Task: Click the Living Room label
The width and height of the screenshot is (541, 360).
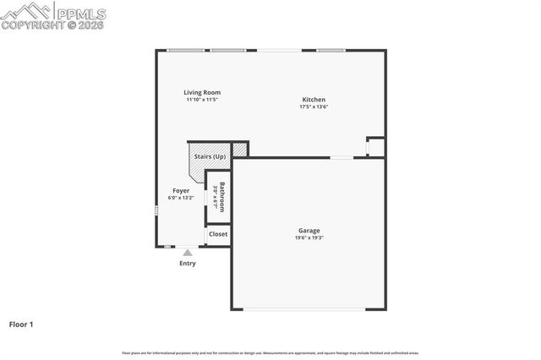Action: pyautogui.click(x=203, y=92)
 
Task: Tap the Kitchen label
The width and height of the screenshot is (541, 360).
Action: pyautogui.click(x=314, y=100)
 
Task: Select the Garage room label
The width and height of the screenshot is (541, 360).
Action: pyautogui.click(x=309, y=230)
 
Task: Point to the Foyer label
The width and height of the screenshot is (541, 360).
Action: pyautogui.click(x=181, y=191)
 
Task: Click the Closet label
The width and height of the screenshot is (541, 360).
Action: pyautogui.click(x=218, y=234)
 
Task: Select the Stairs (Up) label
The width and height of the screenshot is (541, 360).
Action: pyautogui.click(x=210, y=156)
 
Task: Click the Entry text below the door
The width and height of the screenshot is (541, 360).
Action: pyautogui.click(x=187, y=264)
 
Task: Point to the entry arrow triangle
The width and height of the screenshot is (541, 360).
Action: pyautogui.click(x=187, y=252)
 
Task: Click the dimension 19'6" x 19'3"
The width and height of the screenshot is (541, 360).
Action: pyautogui.click(x=309, y=237)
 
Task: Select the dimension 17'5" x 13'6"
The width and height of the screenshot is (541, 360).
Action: pyautogui.click(x=314, y=107)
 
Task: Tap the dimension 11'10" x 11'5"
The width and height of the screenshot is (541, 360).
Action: pyautogui.click(x=203, y=100)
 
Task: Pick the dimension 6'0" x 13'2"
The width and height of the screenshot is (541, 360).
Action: pyautogui.click(x=181, y=199)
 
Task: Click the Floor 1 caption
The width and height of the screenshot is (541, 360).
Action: pyautogui.click(x=22, y=324)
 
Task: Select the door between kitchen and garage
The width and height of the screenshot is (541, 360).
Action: pyautogui.click(x=342, y=157)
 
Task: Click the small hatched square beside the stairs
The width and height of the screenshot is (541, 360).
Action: pyautogui.click(x=240, y=150)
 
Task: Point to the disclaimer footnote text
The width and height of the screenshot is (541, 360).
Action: pyautogui.click(x=270, y=353)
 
